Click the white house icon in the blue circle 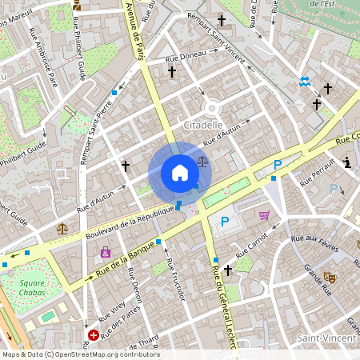pyautogui.click(x=180, y=173)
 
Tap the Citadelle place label pyautogui.click(x=203, y=126)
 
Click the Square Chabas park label pyautogui.click(x=32, y=287)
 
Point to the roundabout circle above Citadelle pyautogui.click(x=212, y=107)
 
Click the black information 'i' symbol pyautogui.click(x=347, y=162)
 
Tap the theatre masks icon pyautogui.click(x=329, y=277)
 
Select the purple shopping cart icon pyautogui.click(x=264, y=215)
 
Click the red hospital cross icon pyautogui.click(x=94, y=334)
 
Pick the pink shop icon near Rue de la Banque pyautogui.click(x=105, y=252)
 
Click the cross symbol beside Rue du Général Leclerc pyautogui.click(x=228, y=271)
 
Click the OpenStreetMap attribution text pyautogui.click(x=80, y=354)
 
